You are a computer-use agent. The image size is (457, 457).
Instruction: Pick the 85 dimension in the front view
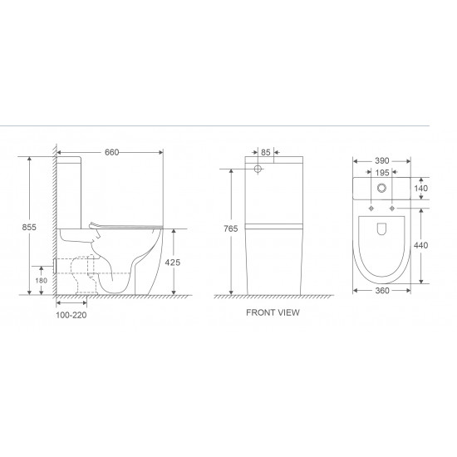click(266, 152)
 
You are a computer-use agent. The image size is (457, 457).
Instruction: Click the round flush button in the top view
click(382, 187)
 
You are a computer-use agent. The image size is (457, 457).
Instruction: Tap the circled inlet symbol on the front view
click(258, 170)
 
